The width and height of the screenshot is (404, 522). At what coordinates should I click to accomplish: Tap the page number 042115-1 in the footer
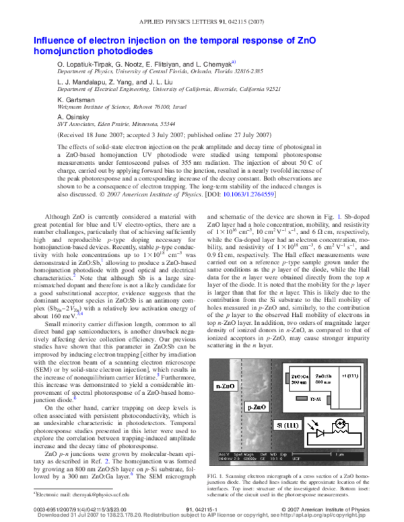(x=202, y=510)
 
